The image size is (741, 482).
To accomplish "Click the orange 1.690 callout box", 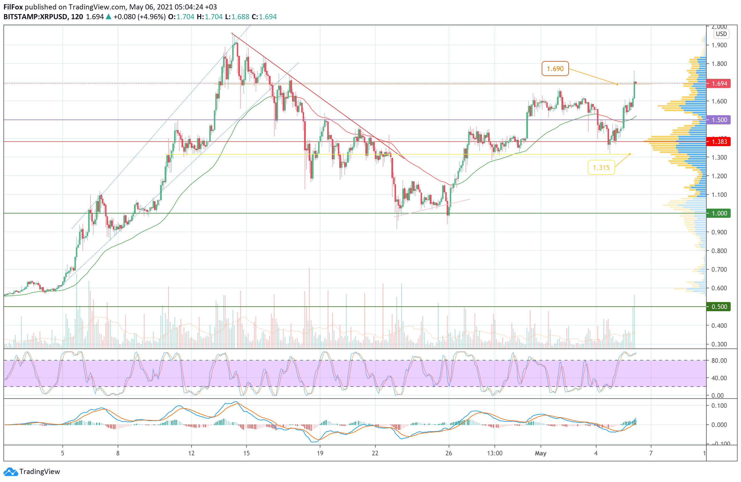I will (x=555, y=68).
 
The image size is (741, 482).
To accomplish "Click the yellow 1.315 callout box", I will (x=601, y=168).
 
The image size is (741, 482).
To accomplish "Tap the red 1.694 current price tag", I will (x=719, y=83).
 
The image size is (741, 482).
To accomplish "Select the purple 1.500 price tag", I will (x=719, y=120).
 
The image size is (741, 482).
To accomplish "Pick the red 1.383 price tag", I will (x=719, y=142).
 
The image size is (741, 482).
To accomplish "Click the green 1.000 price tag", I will (x=719, y=213).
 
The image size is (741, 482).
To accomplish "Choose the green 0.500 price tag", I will (x=719, y=307).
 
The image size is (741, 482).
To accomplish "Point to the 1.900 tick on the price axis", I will (x=719, y=45).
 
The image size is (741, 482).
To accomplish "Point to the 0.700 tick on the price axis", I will (x=719, y=269).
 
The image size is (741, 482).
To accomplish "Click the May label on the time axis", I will (x=541, y=453).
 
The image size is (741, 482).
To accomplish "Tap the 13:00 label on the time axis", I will (x=494, y=453).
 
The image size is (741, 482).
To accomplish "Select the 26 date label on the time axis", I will (x=449, y=453).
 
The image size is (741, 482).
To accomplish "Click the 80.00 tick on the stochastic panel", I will (x=719, y=360).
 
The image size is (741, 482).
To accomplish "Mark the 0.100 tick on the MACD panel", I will (x=719, y=406).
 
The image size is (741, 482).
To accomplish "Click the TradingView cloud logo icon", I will (x=11, y=472).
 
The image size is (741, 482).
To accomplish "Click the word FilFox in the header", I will (x=13, y=7).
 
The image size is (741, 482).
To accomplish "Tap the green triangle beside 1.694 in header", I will (x=108, y=17).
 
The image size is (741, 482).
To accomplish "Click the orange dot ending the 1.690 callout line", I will (x=617, y=84).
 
